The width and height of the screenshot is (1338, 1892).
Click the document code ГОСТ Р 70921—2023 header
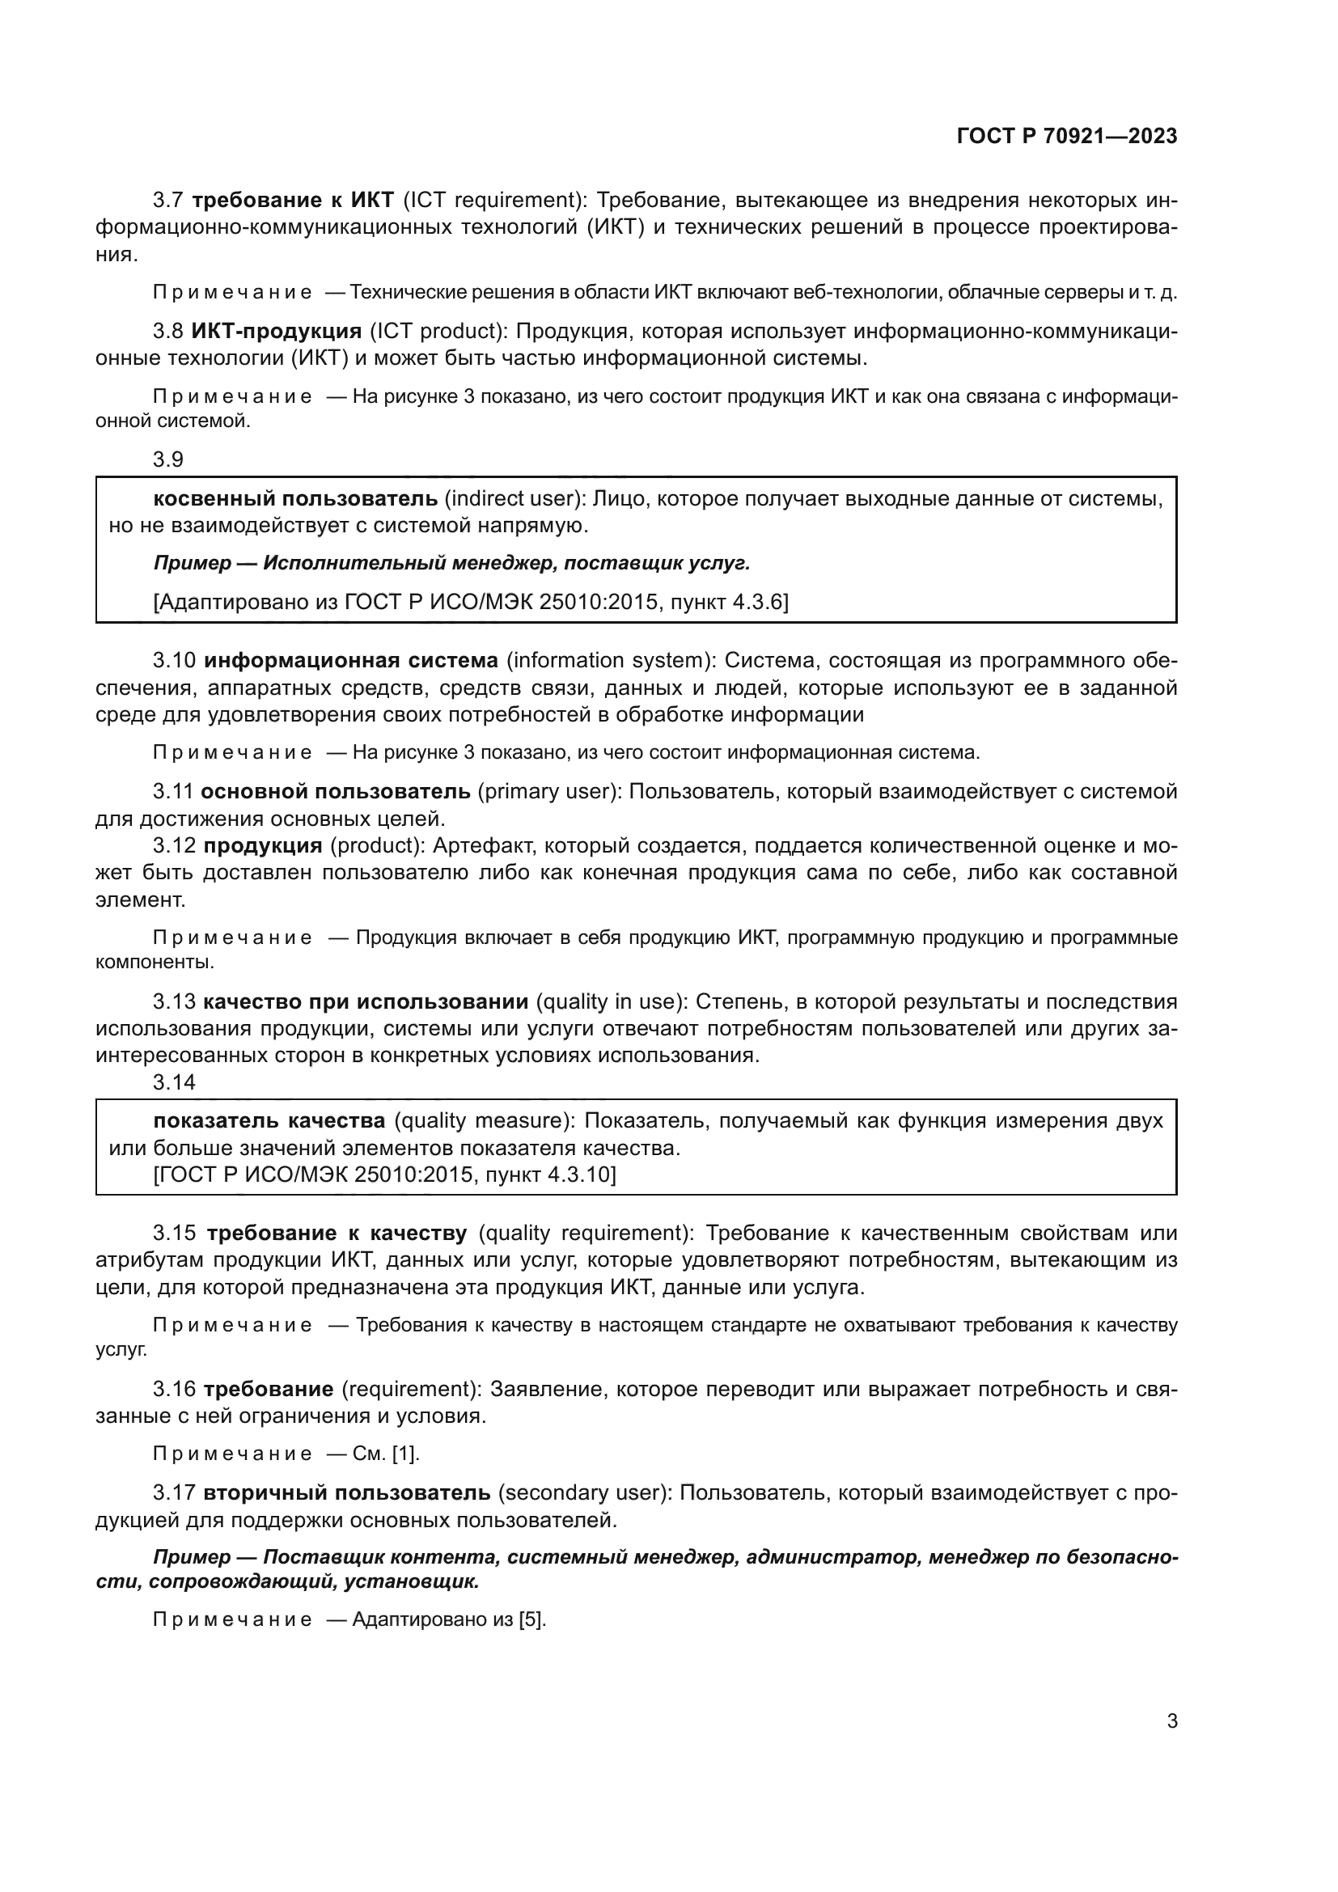coord(1067,137)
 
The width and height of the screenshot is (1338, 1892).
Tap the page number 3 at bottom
coord(1171,1721)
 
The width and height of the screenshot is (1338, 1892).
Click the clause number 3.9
coord(168,459)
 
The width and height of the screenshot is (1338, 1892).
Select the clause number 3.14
coord(174,1082)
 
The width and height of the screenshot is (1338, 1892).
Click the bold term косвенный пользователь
coord(296,498)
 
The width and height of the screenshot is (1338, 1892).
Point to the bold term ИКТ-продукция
coord(277,332)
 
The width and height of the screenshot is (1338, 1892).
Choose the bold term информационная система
coord(351,660)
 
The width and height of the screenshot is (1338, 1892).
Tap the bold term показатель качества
coord(269,1120)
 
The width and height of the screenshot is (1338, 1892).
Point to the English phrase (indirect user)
coord(515,498)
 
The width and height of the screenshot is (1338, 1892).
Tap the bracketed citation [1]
coord(405,1454)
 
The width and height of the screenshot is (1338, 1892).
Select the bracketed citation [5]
coord(531,1619)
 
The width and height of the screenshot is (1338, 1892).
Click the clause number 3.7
coord(168,201)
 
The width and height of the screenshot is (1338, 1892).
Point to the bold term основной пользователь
coord(337,792)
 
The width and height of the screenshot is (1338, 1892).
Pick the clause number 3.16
coord(174,1390)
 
